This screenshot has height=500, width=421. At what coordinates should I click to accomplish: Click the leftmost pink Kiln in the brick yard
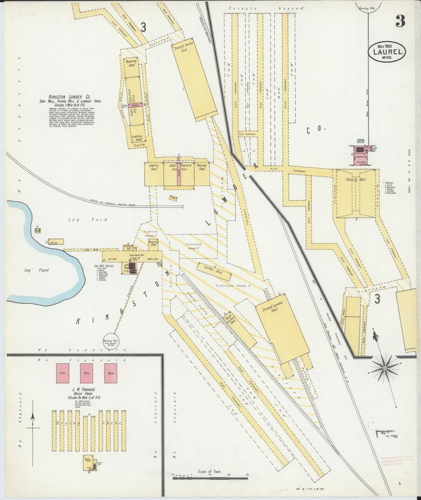point(63,373)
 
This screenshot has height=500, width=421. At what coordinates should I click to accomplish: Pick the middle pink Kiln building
point(87,373)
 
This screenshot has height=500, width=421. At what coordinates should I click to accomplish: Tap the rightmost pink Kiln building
point(110,373)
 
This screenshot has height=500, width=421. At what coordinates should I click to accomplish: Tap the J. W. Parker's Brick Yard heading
point(86,392)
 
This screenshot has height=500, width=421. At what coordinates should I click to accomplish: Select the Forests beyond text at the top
point(266,8)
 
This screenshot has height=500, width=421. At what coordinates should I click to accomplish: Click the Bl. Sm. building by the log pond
point(57,242)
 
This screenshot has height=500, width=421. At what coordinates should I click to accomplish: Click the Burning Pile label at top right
point(368,9)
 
